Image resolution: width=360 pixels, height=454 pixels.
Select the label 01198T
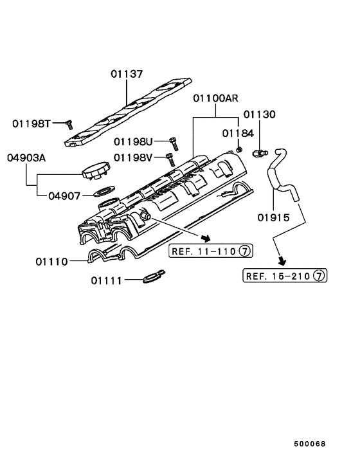coord(31,123)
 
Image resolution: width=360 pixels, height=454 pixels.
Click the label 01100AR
coord(215,99)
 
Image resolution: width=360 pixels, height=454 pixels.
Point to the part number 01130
coord(259,114)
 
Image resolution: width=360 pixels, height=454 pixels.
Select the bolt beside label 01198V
coord(170,158)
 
